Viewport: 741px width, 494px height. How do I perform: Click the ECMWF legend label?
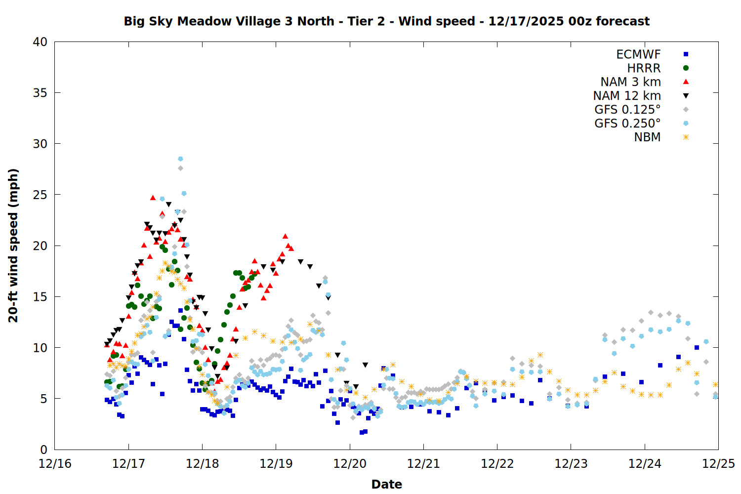click(638, 54)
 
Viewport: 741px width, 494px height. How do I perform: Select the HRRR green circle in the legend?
click(686, 68)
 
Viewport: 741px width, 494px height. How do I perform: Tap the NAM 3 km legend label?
click(630, 82)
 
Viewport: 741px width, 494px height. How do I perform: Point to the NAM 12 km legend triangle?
click(686, 96)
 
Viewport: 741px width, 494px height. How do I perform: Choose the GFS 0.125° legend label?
click(627, 110)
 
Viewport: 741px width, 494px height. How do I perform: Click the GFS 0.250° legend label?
click(627, 123)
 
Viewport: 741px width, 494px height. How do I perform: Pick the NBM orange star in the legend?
click(686, 137)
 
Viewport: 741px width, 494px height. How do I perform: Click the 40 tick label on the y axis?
click(40, 42)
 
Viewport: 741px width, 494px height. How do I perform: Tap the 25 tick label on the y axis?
click(40, 195)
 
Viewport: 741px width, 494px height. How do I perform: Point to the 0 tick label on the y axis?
click(43, 450)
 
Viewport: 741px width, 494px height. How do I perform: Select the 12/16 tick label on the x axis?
click(55, 464)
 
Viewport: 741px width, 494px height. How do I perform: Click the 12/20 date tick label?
click(350, 464)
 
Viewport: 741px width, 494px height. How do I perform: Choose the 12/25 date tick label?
click(718, 464)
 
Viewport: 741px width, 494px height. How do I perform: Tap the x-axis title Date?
click(386, 484)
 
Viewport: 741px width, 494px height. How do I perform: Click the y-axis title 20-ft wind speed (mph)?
click(13, 246)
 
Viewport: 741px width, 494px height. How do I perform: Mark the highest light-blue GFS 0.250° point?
click(180, 159)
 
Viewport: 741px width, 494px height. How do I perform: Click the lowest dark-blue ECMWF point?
click(362, 432)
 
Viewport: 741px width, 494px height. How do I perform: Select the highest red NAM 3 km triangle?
click(153, 198)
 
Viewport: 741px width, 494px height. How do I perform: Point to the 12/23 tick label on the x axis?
click(571, 464)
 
